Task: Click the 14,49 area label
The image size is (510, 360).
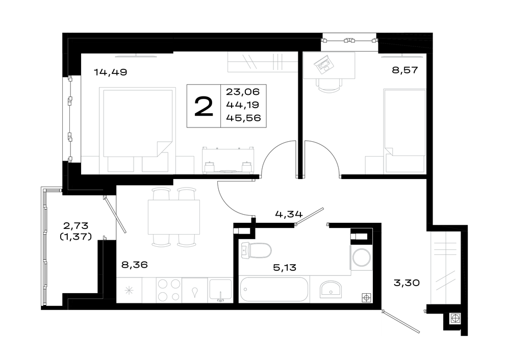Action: click(110, 72)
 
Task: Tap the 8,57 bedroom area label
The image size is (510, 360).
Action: click(404, 70)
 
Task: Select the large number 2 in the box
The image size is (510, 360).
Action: click(203, 107)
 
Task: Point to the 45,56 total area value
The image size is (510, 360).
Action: click(243, 118)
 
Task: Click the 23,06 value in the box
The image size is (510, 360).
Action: click(243, 92)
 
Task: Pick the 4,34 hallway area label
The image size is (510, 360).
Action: click(289, 214)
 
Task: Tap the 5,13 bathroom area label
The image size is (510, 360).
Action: click(285, 268)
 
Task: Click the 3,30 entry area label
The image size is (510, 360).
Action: click(406, 283)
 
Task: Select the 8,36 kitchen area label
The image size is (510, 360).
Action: click(134, 265)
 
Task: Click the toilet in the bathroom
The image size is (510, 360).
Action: click(257, 251)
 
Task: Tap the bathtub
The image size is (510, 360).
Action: click(273, 289)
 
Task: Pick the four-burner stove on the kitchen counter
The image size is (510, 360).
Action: click(169, 290)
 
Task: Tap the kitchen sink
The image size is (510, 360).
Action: click(220, 290)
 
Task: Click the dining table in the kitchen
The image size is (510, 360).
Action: click(174, 217)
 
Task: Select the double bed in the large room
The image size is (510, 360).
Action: click(137, 130)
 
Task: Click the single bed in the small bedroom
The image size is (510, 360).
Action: click(404, 131)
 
